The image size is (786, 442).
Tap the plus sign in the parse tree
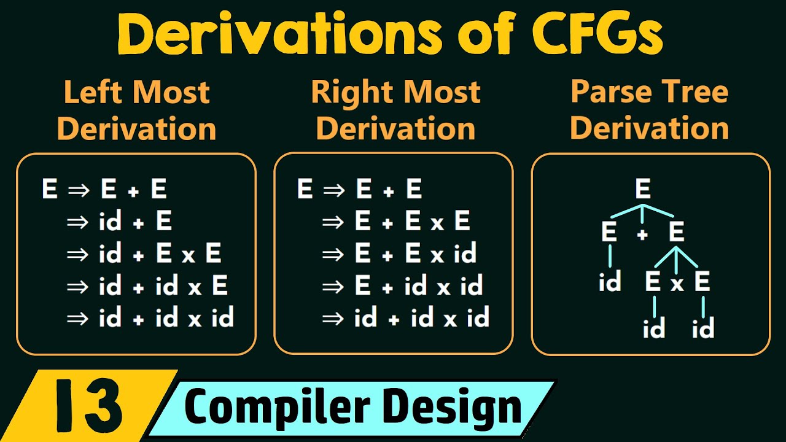tap(642, 234)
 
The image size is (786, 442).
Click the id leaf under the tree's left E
tap(610, 282)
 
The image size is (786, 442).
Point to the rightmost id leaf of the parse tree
tap(703, 330)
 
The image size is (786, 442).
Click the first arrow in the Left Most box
tap(79, 190)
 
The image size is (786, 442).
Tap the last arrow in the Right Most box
tap(333, 318)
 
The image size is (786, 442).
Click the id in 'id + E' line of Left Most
tap(110, 222)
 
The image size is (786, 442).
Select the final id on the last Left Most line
tap(222, 318)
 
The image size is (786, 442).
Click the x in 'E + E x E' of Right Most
tap(437, 222)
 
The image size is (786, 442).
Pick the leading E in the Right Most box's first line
tap(305, 190)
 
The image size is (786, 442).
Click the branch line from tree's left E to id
tap(610, 255)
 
